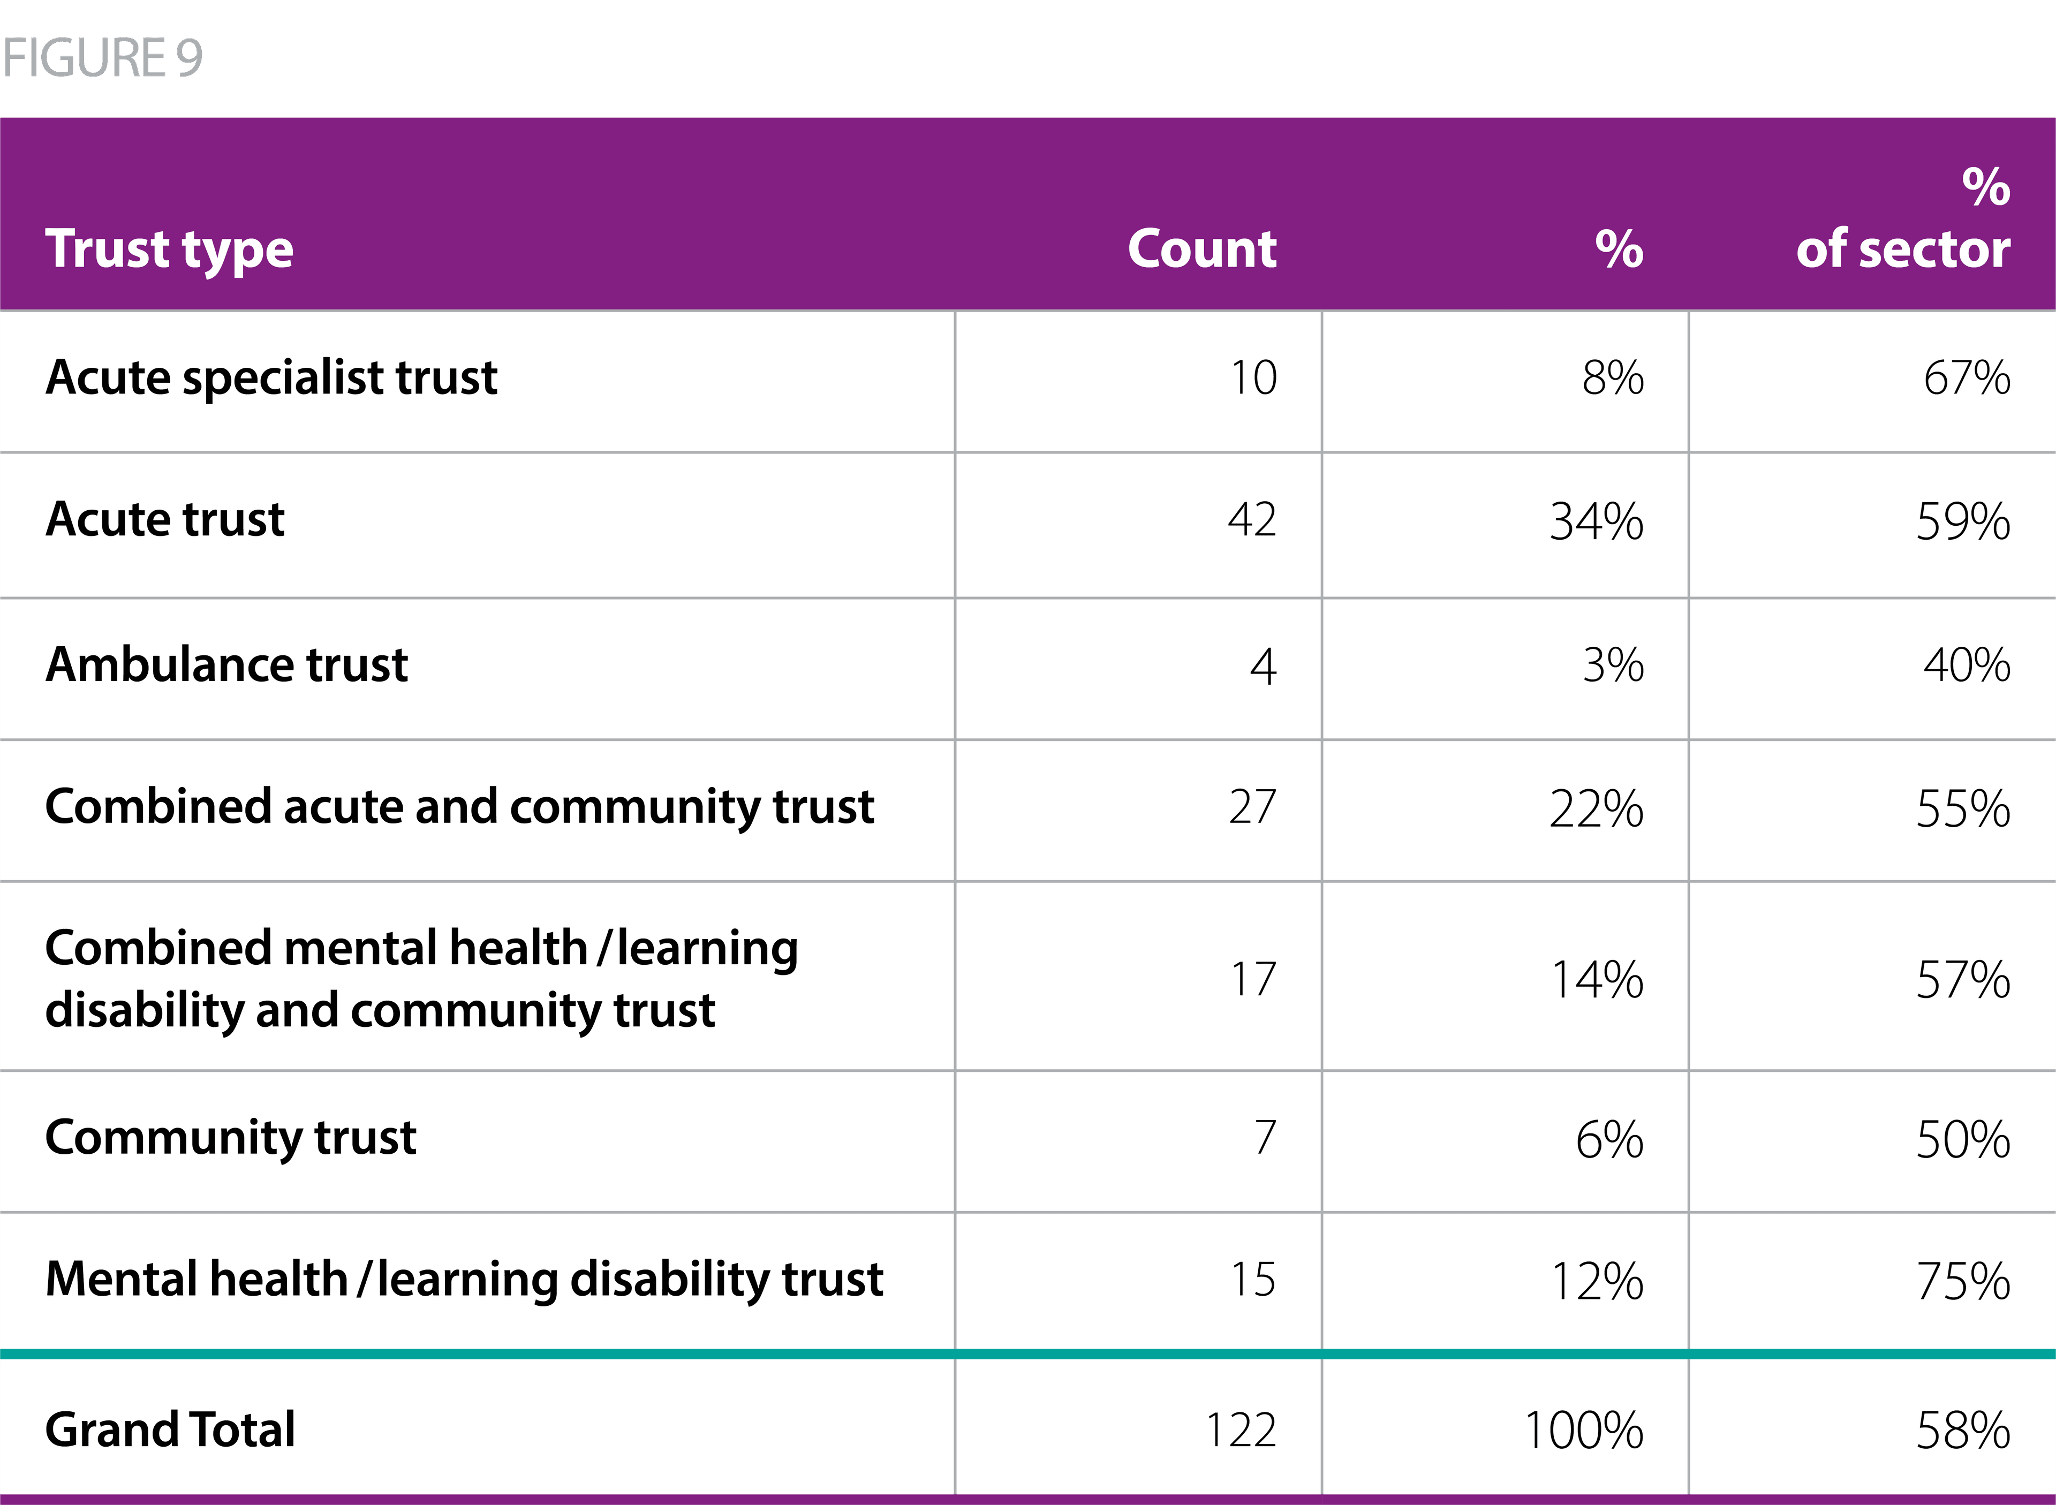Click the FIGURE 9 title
coord(102,58)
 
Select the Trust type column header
coord(169,249)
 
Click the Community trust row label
coord(230,1138)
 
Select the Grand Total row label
coord(170,1430)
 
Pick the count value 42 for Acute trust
coord(1252,520)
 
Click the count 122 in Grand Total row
coord(1241,1430)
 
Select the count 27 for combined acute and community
coord(1252,807)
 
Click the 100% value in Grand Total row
coord(1583,1430)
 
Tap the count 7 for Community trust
coord(1265,1138)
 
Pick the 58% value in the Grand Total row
coord(1962,1430)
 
